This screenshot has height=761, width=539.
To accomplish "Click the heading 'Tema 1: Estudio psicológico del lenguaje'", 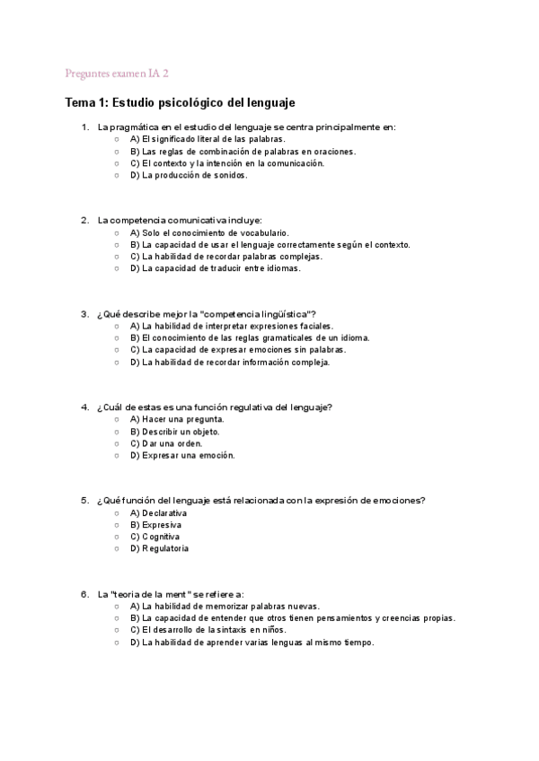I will click(x=181, y=103).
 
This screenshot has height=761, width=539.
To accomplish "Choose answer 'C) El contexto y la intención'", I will click(x=215, y=164).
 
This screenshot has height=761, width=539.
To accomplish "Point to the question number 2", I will click(x=84, y=220).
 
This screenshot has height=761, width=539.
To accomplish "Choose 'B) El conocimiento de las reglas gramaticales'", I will click(x=249, y=338).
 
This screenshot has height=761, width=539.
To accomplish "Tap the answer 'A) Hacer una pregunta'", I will click(x=177, y=419).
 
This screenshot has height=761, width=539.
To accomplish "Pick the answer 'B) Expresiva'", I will click(x=155, y=524).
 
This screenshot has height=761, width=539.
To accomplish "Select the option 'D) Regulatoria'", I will click(x=159, y=548).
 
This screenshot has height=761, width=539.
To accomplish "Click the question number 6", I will click(x=84, y=594).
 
